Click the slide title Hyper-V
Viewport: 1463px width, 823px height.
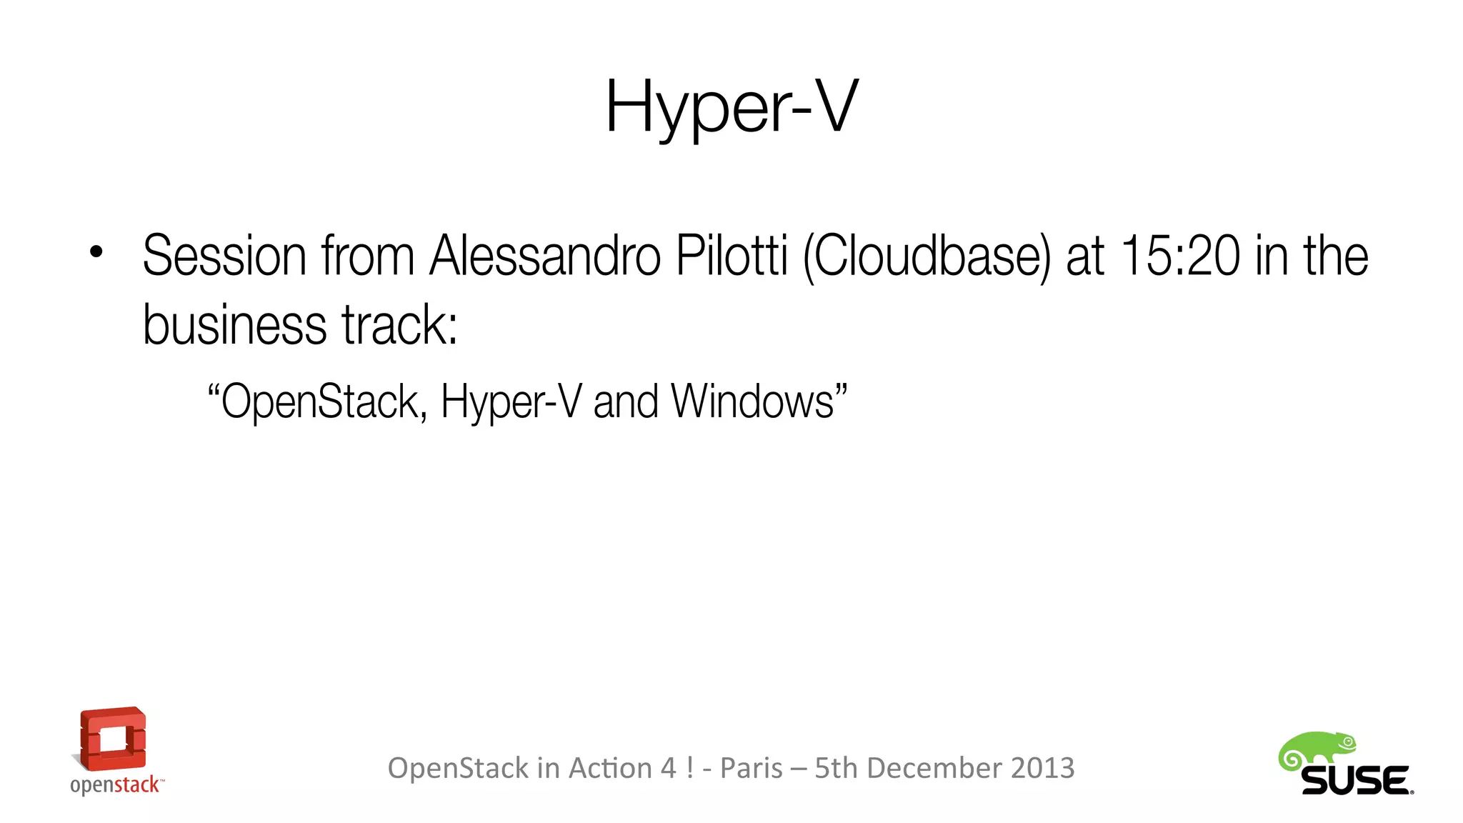point(731,107)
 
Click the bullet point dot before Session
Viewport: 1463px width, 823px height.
point(96,251)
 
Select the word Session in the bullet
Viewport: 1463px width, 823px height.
point(224,256)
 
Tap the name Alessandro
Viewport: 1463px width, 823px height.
point(544,256)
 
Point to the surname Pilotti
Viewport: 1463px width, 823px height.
point(731,256)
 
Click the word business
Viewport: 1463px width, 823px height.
point(235,325)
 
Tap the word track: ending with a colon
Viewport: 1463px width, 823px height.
point(399,325)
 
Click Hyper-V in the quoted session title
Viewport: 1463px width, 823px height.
point(511,402)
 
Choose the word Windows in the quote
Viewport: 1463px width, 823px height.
point(752,401)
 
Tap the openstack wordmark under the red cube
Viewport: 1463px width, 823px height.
point(116,785)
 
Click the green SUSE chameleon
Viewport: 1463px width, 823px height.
point(1316,751)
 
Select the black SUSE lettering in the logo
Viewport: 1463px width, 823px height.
point(1354,780)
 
